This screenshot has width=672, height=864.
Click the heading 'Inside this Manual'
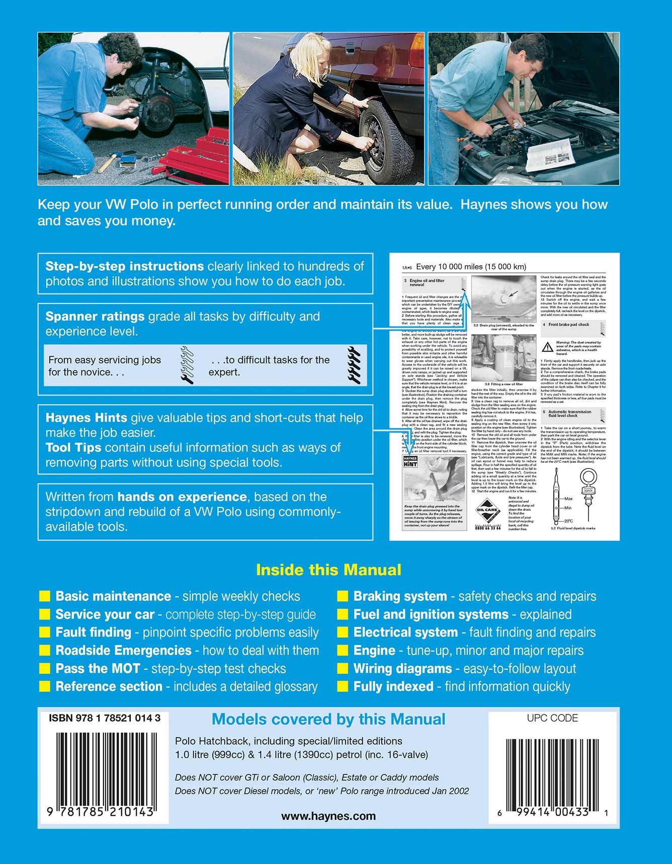(x=328, y=570)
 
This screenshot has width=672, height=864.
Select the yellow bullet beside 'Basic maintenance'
(x=45, y=596)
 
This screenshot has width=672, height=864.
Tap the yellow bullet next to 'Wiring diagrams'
(x=343, y=669)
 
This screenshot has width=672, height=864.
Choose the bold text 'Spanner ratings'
(x=95, y=317)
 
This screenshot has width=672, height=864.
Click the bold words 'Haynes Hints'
(x=86, y=418)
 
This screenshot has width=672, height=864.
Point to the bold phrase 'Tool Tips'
(x=73, y=447)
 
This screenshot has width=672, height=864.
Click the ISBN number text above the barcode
(x=105, y=718)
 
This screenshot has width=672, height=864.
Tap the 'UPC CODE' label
(x=552, y=718)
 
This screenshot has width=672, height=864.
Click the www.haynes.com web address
(x=328, y=816)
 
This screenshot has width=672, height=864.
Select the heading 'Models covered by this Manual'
(x=328, y=719)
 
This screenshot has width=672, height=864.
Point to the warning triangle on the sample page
(x=547, y=347)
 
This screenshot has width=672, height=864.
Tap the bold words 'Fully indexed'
(x=393, y=687)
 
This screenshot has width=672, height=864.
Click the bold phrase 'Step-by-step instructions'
(x=124, y=266)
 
